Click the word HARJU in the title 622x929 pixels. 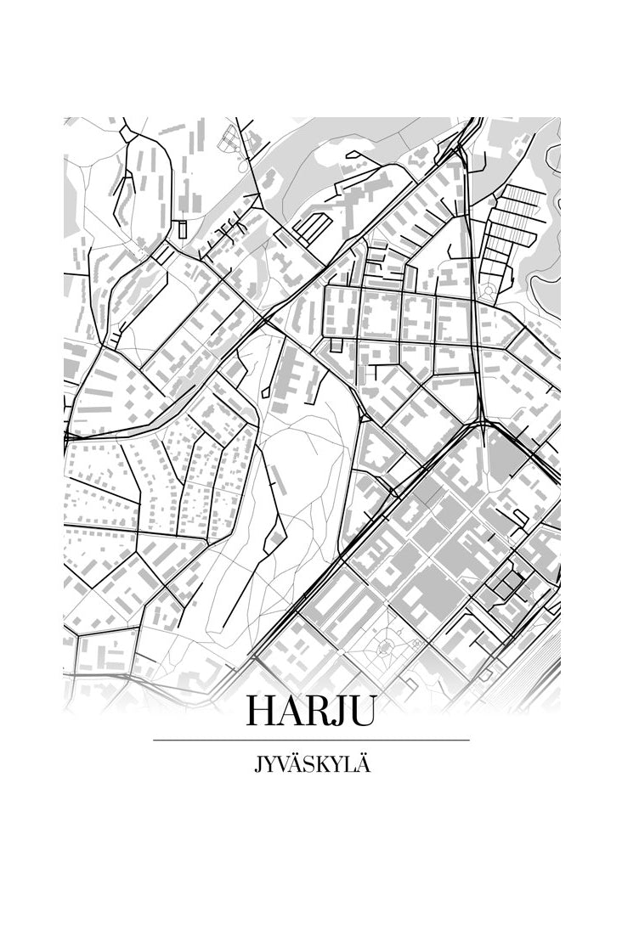[x=310, y=712]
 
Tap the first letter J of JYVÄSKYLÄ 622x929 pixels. [x=257, y=764]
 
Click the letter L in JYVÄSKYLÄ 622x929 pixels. [x=351, y=764]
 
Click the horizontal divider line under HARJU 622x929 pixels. [x=311, y=740]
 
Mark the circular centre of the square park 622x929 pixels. [x=384, y=647]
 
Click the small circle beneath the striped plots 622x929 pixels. [x=488, y=290]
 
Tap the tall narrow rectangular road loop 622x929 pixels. [x=181, y=228]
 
